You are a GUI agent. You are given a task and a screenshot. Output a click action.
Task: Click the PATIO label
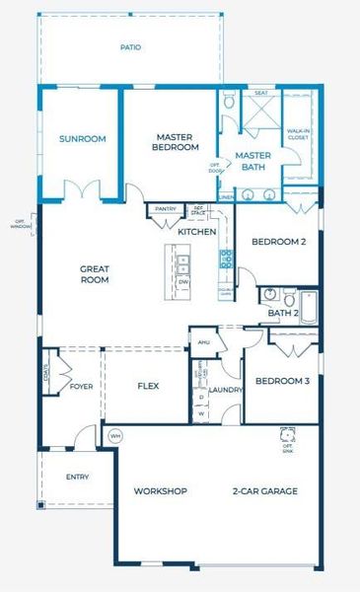click(130, 46)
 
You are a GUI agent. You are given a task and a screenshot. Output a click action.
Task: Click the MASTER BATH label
click(252, 161)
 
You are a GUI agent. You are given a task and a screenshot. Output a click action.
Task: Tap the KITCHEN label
click(196, 232)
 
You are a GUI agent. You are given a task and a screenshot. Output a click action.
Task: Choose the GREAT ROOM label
click(95, 273)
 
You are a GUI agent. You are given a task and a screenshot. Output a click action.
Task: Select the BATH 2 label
click(281, 314)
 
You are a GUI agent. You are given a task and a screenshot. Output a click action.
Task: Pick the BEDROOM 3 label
click(282, 381)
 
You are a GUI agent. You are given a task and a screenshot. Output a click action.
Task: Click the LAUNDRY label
click(226, 390)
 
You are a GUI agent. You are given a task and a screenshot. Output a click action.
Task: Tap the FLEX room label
click(147, 386)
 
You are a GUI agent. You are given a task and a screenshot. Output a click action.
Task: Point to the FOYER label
click(82, 386)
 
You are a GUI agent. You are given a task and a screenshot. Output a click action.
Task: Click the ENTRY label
click(77, 478)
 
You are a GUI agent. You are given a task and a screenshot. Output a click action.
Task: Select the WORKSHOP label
click(161, 490)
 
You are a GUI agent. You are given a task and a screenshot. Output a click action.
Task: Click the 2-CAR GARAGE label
click(264, 490)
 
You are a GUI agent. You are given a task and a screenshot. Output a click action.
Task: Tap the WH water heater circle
click(114, 435)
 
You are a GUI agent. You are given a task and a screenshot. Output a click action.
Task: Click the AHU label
click(205, 342)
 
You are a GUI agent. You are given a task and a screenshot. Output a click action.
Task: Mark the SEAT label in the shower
click(261, 94)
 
